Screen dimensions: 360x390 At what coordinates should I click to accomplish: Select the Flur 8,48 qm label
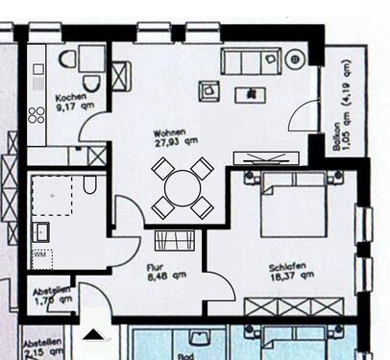click(x=165, y=276)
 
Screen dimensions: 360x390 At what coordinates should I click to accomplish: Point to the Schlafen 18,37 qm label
click(x=290, y=272)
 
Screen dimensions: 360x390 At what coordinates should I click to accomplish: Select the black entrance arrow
click(x=93, y=334)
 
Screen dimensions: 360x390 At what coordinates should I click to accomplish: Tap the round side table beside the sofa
click(x=295, y=60)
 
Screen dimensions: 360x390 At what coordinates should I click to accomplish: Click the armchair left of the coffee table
click(x=208, y=91)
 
